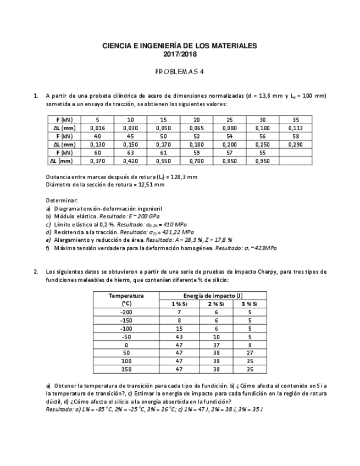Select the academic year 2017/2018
tap(180, 54)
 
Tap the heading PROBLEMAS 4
tap(180, 71)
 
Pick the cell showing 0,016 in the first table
tap(97, 127)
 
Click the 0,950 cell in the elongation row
tap(262, 161)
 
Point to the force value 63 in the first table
tap(130, 153)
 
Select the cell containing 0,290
tap(295, 145)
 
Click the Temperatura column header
tap(126, 295)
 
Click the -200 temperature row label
tap(126, 312)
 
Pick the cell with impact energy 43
tap(179, 336)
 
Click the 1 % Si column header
tap(179, 303)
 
